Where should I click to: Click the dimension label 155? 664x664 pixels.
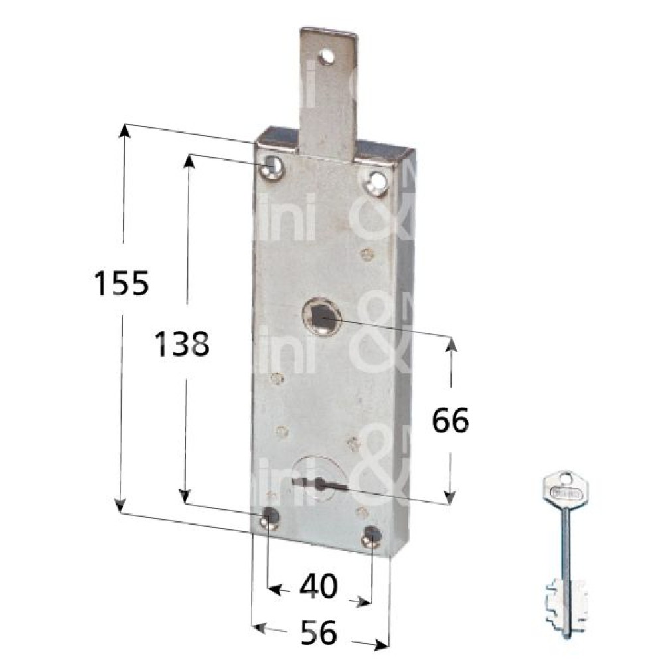[x=120, y=284]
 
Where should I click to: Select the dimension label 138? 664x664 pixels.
[x=182, y=345]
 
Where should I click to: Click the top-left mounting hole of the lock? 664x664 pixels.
[x=272, y=166]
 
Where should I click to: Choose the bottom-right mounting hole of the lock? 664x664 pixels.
[x=373, y=535]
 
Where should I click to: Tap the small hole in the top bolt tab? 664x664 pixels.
[x=325, y=58]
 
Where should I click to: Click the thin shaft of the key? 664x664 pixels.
[x=564, y=544]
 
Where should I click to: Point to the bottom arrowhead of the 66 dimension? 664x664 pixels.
[x=450, y=495]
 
